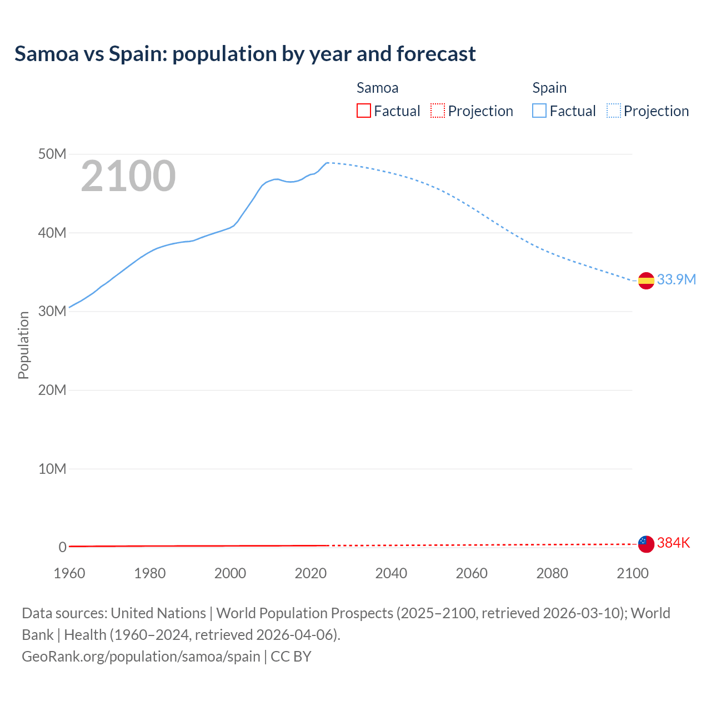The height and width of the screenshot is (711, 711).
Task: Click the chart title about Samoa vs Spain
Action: [x=245, y=54]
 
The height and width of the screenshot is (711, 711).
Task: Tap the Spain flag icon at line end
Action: [x=646, y=281]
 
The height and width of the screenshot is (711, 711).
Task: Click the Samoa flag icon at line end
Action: [x=646, y=544]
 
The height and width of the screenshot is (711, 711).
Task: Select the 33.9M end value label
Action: [x=676, y=279]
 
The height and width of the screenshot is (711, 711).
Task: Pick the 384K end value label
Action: [x=673, y=543]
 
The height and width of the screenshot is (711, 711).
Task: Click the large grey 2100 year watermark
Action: [x=128, y=176]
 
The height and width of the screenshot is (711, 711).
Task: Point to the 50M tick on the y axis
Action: [x=52, y=154]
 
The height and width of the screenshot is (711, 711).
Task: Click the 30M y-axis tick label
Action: [x=52, y=311]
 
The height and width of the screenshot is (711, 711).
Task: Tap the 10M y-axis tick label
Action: [x=52, y=469]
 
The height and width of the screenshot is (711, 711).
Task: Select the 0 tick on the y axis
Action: [x=62, y=547]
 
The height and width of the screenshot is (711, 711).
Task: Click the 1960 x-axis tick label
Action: [x=69, y=573]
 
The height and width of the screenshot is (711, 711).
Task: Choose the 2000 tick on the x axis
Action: [x=230, y=573]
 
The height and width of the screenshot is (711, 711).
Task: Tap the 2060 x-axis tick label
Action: [x=472, y=573]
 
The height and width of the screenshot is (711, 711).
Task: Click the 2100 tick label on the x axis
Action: [x=632, y=573]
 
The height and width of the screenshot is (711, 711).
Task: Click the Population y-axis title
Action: [x=23, y=345]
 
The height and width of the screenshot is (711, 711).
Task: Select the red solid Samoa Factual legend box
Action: [x=363, y=111]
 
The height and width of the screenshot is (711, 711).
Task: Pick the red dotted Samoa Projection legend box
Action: [x=438, y=111]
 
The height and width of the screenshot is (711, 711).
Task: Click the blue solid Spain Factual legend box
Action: [x=539, y=111]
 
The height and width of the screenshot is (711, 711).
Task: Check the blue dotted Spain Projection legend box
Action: [x=614, y=111]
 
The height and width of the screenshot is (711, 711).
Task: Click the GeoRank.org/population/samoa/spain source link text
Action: [x=141, y=656]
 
